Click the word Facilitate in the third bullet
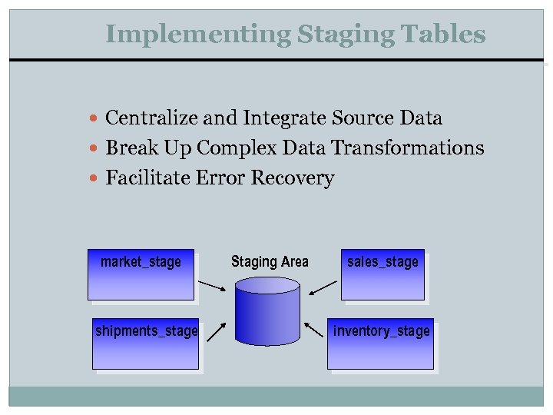click(x=148, y=178)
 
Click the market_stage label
click(x=141, y=262)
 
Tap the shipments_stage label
click(x=146, y=331)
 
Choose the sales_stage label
click(x=382, y=262)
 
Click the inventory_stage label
click(x=382, y=331)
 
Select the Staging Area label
click(x=270, y=262)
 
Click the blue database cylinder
click(x=267, y=311)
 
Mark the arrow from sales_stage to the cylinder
click(x=323, y=287)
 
